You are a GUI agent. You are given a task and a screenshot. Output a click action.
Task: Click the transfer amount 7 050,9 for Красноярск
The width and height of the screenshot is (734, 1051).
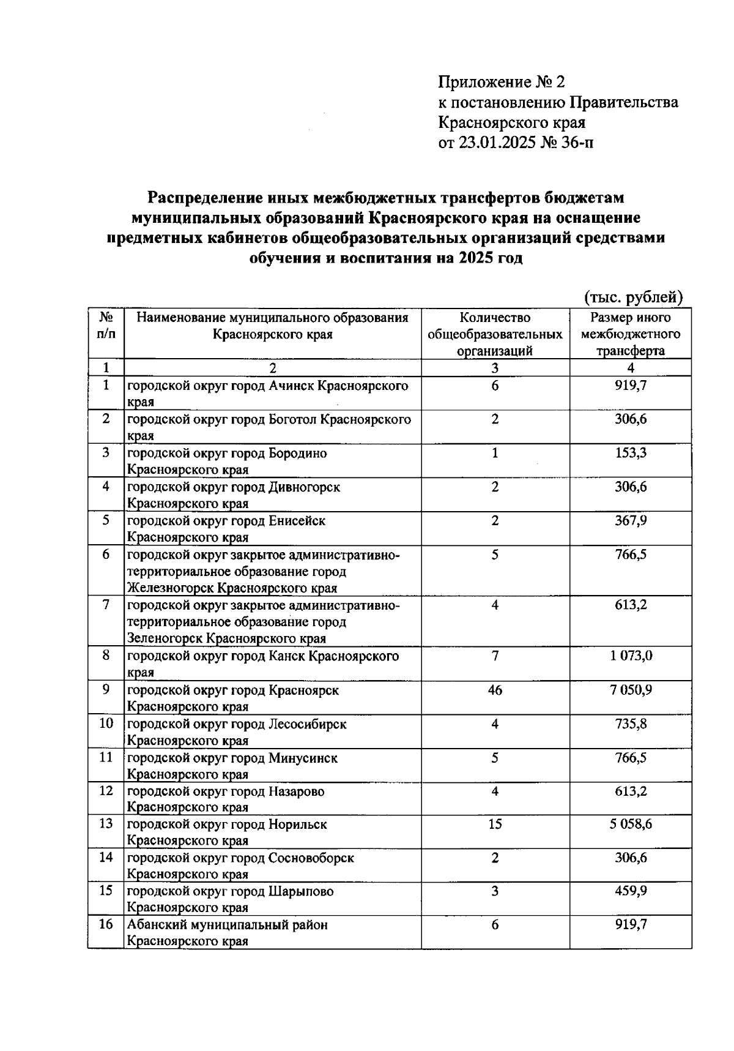(631, 690)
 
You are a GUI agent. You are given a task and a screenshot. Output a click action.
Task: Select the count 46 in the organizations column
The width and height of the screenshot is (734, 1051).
(495, 690)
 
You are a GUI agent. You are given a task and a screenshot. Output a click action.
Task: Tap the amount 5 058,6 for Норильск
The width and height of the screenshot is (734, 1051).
(631, 824)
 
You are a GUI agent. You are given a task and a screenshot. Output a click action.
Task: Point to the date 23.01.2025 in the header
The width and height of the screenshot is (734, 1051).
(496, 143)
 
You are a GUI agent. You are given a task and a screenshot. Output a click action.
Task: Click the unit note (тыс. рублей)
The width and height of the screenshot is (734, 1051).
(633, 297)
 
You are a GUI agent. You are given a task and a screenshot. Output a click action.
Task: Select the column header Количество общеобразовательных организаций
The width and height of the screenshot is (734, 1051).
(495, 334)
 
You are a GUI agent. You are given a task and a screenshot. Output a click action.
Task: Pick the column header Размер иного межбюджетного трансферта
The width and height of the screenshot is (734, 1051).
(631, 334)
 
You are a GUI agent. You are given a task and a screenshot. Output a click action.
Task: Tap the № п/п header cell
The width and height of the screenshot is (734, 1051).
(106, 326)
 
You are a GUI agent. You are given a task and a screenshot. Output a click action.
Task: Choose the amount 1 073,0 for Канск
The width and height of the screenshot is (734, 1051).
(631, 656)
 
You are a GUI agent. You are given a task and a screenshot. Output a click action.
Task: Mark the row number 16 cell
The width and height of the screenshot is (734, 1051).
(106, 924)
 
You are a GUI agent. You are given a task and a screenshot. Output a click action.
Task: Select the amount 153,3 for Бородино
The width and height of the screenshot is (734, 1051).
(631, 453)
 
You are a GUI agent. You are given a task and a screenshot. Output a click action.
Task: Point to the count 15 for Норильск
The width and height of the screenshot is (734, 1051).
(495, 824)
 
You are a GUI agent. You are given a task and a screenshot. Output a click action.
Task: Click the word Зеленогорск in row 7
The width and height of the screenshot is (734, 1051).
(164, 638)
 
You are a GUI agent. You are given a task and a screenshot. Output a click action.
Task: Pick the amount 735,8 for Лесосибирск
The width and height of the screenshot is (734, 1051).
(631, 724)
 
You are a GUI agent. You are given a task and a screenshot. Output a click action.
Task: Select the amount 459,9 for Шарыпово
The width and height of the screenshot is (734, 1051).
(631, 891)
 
